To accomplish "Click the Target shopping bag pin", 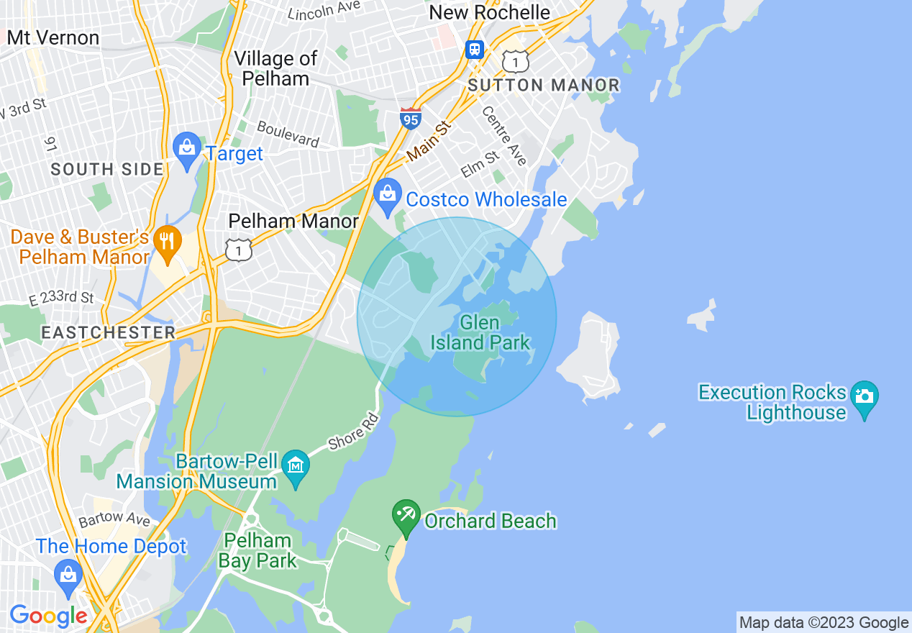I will click(x=187, y=150).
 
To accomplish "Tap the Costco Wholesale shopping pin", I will click(x=388, y=196).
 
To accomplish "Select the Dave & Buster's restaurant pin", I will click(x=167, y=243).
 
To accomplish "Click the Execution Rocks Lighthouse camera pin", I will click(x=864, y=399).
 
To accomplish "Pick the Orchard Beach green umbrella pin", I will click(x=406, y=516).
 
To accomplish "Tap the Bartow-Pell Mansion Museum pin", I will click(x=295, y=466).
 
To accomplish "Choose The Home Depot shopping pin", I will click(x=68, y=576).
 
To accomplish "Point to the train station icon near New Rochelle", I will click(x=474, y=49).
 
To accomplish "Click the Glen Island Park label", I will click(x=480, y=332).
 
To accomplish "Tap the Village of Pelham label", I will click(x=275, y=68).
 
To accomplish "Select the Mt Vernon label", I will click(x=53, y=37).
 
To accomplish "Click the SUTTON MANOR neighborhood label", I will click(x=544, y=85).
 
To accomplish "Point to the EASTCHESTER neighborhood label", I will click(x=108, y=332).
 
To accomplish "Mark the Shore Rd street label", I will click(x=353, y=432).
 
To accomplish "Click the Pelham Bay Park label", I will click(x=257, y=550).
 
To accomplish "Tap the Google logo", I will click(x=48, y=616).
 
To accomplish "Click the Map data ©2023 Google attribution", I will click(x=824, y=623).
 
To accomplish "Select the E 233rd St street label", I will click(x=61, y=298).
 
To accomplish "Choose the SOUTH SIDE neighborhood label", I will click(x=107, y=170).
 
